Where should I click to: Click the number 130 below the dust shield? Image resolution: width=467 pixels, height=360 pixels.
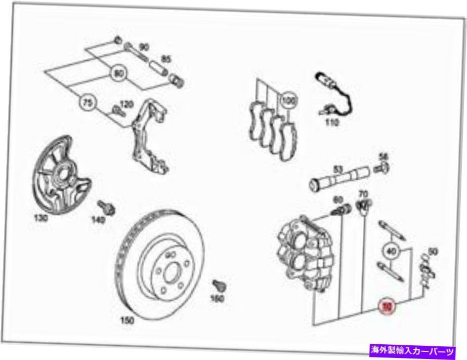40,218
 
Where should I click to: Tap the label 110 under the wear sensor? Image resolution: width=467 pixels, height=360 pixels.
331,123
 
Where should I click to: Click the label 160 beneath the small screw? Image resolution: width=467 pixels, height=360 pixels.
217,299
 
